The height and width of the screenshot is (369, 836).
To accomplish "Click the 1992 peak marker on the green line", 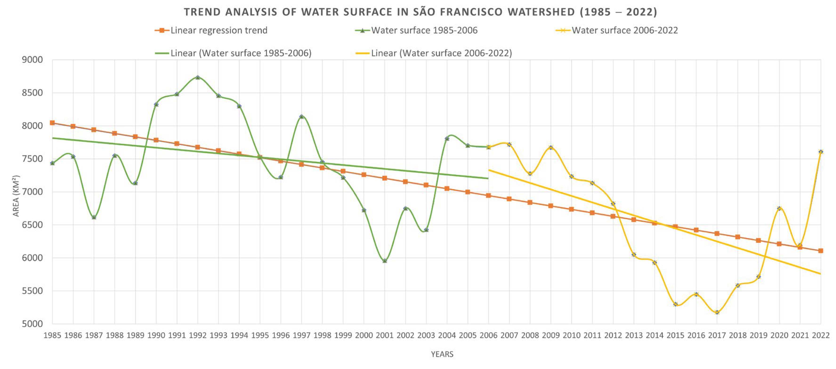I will [x=198, y=77].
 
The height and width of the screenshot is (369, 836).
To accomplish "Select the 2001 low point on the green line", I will [x=385, y=261].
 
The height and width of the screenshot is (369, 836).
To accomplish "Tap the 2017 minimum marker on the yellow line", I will [x=717, y=312].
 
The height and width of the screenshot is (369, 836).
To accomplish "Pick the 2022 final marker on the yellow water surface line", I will [x=821, y=152].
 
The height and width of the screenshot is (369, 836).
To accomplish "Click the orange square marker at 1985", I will [x=52, y=123].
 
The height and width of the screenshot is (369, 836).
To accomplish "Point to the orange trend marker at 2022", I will [x=821, y=251].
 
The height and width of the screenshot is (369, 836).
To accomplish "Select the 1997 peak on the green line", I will [x=302, y=116].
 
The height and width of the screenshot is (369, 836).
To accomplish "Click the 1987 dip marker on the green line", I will [x=94, y=217].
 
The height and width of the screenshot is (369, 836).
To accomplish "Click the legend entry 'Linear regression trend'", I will [x=219, y=31].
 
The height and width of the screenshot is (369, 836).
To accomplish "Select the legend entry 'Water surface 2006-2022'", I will [x=624, y=31].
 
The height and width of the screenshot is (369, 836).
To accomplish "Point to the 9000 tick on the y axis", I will [x=32, y=60].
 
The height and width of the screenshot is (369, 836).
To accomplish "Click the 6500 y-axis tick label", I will [x=32, y=225].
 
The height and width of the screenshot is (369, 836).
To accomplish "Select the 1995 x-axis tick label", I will [x=260, y=336].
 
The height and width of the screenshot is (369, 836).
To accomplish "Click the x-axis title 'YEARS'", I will [x=442, y=354].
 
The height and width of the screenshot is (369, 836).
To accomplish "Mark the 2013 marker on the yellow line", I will [x=634, y=255].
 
